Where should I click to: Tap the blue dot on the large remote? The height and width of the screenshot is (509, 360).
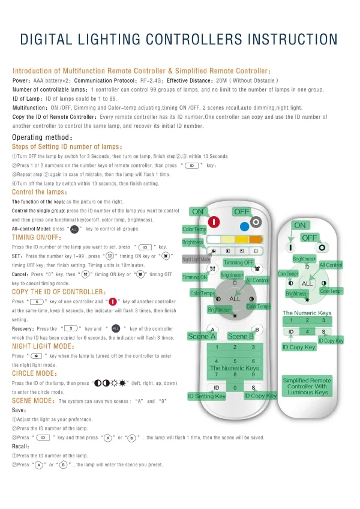click(x=244, y=227)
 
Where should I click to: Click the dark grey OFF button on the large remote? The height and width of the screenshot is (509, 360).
click(x=256, y=221)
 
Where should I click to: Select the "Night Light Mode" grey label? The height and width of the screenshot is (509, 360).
click(x=196, y=259)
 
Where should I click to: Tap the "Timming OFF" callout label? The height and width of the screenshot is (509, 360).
click(x=239, y=262)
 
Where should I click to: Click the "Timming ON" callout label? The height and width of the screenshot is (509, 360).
click(x=195, y=277)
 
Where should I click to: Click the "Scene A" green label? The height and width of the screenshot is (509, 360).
click(x=202, y=336)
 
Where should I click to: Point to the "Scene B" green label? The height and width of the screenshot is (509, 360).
click(x=241, y=336)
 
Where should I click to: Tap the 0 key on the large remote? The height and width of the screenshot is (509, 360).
click(x=235, y=388)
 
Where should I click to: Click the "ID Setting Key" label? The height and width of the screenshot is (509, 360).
click(x=207, y=396)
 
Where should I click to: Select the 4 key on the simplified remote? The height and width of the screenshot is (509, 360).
click(x=307, y=331)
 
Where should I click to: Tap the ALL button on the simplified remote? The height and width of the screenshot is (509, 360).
click(x=307, y=283)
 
